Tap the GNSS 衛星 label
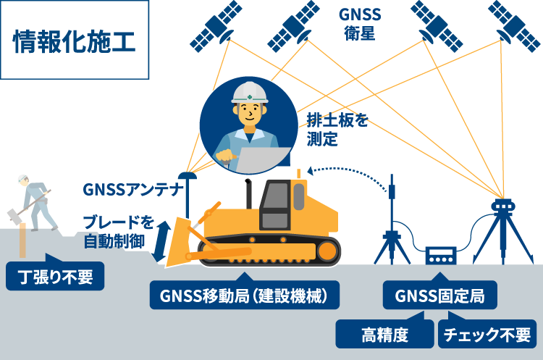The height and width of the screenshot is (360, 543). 360,24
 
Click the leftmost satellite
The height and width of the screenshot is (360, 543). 216,26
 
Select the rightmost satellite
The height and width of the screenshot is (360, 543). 514,26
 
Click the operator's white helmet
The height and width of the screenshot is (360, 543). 250,92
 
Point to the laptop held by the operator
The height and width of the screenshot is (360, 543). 264,160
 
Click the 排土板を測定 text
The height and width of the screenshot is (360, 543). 337,130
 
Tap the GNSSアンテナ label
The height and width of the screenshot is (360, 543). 133,190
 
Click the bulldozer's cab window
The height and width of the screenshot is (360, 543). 275,205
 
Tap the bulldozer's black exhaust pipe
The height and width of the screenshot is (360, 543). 248,193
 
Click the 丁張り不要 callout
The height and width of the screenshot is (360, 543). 55,276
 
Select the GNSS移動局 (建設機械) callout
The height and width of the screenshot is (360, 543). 245,295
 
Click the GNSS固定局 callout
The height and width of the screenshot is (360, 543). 439,295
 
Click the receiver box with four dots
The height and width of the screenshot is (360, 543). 440,256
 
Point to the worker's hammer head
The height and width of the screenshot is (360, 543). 13,216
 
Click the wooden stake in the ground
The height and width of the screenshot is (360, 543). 22,240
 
